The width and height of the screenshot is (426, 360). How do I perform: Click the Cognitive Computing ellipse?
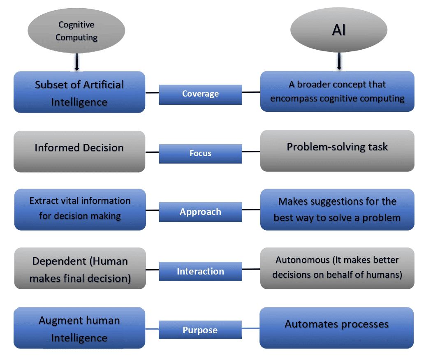[x=76, y=31]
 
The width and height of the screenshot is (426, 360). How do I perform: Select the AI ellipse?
[x=338, y=31]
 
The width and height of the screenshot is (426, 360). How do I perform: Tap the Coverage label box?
[x=200, y=94]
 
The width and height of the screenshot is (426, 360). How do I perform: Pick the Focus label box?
[x=200, y=153]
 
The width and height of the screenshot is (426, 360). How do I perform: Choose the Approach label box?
[x=200, y=212]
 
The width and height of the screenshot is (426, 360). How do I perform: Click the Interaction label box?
[x=200, y=271]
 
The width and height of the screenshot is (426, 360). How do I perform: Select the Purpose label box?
[x=200, y=330]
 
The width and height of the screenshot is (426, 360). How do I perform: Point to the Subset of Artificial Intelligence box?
[x=79, y=92]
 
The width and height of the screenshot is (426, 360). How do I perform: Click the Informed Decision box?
[x=79, y=151]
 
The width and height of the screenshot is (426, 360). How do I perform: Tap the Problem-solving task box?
[x=337, y=151]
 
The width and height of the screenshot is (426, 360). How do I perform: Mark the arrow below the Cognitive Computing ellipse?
[x=77, y=64]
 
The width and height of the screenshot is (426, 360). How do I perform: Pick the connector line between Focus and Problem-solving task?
[x=251, y=152]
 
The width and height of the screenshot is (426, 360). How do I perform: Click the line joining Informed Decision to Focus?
[x=152, y=152]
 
